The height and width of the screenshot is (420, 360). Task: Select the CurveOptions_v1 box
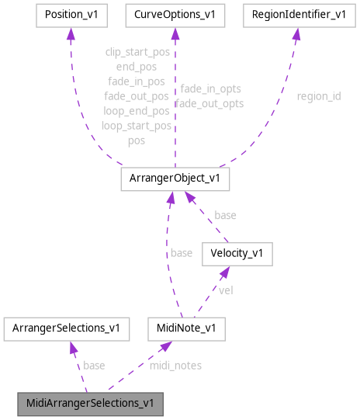pos(175,15)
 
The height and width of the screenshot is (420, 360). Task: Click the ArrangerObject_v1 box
pos(175,179)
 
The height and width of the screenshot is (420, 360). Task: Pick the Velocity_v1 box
pos(236,254)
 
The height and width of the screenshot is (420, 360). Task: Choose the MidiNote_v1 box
pos(186,328)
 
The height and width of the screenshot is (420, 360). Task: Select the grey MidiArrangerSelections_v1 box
pos(90,404)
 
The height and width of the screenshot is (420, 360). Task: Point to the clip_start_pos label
pos(137,52)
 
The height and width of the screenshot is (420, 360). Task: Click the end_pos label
pos(137,67)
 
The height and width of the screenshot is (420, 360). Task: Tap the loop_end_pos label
pos(137,111)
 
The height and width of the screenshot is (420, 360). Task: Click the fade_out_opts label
pos(209,103)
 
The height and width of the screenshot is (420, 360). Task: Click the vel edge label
pos(225,290)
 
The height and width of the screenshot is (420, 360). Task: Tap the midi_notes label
pos(175,365)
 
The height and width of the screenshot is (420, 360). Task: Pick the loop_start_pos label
pos(137,126)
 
